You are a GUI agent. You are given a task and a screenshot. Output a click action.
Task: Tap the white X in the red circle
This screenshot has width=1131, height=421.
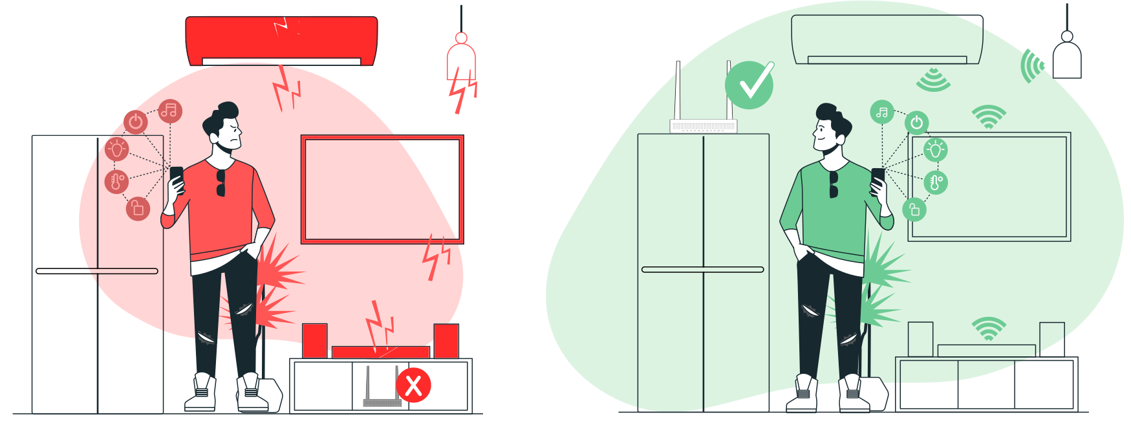[414, 385]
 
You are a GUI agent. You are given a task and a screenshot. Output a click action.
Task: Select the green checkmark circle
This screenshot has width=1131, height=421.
[749, 85]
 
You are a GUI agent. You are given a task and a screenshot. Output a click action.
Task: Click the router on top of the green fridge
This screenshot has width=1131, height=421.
[703, 125]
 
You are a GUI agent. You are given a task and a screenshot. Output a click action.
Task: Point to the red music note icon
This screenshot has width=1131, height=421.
[169, 111]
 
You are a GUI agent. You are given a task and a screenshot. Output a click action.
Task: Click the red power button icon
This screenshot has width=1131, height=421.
[136, 122]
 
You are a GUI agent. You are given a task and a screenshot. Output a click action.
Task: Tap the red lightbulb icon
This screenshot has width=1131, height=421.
[117, 149]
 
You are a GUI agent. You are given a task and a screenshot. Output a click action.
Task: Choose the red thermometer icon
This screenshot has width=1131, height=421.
[117, 181]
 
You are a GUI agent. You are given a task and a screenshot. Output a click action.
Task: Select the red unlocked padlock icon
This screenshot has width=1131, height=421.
[138, 208]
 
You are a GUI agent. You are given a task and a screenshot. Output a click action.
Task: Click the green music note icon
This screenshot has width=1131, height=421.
[882, 113]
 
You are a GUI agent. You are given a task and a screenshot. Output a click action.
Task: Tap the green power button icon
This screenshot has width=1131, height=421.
[916, 122]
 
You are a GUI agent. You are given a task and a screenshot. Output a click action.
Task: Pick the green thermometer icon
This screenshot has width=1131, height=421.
[936, 182]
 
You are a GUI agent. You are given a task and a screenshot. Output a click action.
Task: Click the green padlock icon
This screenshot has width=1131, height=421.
[914, 210]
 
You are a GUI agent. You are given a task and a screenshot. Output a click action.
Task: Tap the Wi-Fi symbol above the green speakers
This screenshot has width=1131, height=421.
[988, 329]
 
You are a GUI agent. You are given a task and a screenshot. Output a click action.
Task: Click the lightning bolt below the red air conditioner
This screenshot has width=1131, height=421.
[286, 88]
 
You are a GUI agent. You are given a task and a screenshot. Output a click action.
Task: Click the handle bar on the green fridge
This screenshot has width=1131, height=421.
[703, 270]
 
